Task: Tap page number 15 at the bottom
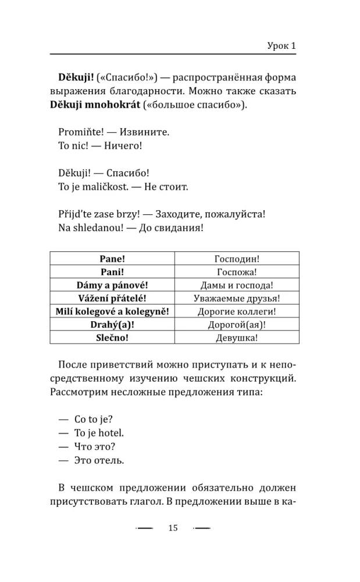coord(172,528)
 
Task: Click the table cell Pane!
coord(112,258)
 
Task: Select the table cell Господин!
coord(237,258)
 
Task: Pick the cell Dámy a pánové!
coord(112,285)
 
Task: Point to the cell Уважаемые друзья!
coord(237,298)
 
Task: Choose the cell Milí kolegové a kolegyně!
coord(112,311)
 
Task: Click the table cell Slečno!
coord(112,338)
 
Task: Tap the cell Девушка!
coord(237,338)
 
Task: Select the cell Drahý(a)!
coord(112,325)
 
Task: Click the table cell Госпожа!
coord(237,271)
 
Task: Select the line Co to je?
coord(94,418)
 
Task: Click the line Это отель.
coord(99,460)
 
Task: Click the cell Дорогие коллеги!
coord(237,311)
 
